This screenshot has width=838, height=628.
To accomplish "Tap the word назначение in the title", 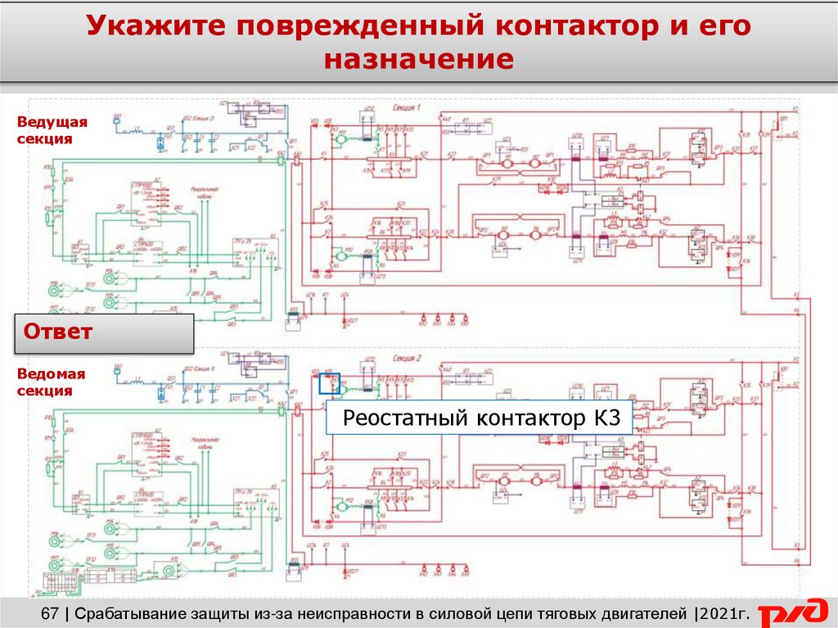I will pos(419,60).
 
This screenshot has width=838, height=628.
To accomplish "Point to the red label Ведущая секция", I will pos(52,130).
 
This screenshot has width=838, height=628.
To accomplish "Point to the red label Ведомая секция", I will pos(52,382).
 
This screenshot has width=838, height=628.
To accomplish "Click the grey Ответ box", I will pos(104,333).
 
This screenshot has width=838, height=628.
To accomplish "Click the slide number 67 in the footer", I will pos(50,613).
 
